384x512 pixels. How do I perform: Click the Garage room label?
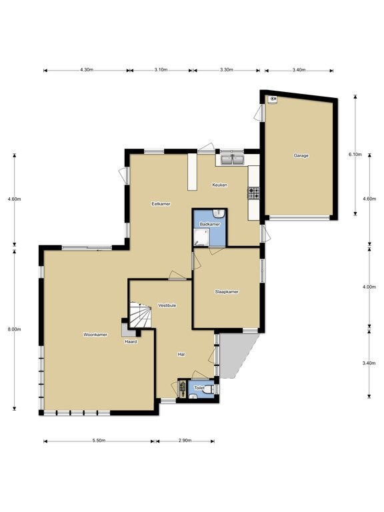click(301, 156)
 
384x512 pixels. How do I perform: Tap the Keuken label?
click(220, 185)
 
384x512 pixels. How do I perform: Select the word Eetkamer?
click(161, 204)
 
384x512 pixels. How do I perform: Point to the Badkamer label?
click(209, 224)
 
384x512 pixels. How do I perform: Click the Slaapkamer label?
click(227, 291)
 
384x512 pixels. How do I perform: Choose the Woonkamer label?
click(95, 335)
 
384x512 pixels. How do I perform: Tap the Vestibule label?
click(167, 305)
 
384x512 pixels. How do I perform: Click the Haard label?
click(131, 341)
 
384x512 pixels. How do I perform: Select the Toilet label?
click(199, 387)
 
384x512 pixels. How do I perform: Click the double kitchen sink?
click(232, 160)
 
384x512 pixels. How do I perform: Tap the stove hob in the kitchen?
click(254, 193)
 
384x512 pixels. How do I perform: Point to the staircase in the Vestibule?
click(141, 314)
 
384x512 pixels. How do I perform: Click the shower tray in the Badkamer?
click(201, 237)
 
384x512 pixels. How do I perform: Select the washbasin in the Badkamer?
click(219, 213)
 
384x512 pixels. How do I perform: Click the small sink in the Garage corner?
click(272, 99)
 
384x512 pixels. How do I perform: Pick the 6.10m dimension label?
click(355, 155)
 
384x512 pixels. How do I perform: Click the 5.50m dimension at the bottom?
click(99, 441)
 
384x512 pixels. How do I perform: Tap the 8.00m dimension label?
click(15, 329)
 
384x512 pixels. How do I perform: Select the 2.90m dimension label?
click(185, 441)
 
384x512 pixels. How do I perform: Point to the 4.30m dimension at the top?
click(87, 69)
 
